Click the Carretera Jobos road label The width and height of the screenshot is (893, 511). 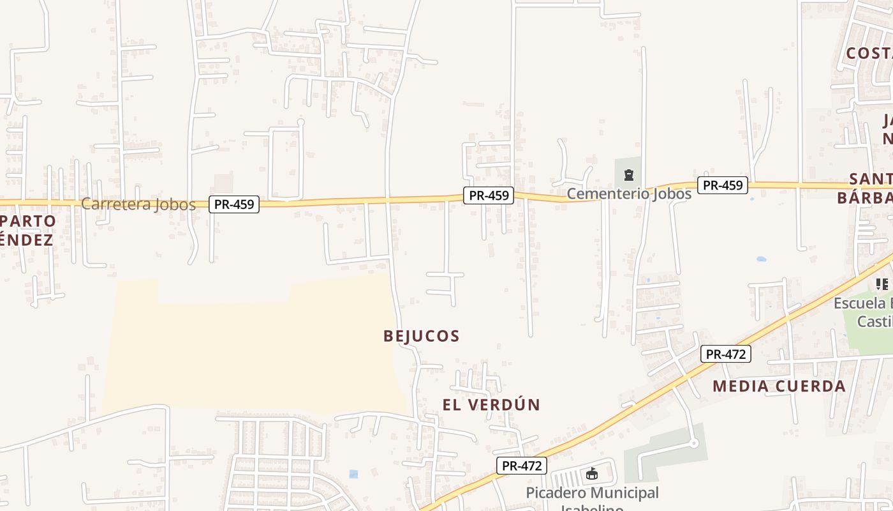coord(138,204)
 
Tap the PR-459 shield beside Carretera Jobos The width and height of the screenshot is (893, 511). coord(234,204)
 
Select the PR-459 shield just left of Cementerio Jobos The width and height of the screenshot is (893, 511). coord(489,195)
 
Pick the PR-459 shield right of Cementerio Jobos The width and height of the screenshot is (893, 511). coord(722,185)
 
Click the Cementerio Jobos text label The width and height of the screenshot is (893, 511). coord(629,194)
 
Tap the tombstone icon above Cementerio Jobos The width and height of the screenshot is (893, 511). coord(629,174)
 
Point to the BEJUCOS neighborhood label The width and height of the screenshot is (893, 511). coord(422,336)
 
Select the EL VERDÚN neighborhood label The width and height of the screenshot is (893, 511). coord(491,405)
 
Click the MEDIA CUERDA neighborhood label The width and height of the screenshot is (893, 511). coord(779,386)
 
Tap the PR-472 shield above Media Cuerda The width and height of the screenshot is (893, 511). coord(725,354)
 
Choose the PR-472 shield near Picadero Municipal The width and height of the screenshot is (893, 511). coord(522,466)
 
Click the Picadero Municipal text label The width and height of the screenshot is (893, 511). coord(592,493)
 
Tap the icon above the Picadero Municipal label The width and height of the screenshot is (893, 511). coord(592,473)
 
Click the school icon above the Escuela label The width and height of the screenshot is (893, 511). coord(882,284)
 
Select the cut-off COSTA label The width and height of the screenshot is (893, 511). coord(869,53)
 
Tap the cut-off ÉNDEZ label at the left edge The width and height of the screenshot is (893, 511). coord(26,240)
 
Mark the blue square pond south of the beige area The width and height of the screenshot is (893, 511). coord(354,474)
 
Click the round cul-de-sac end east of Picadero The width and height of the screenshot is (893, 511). coord(694,443)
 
